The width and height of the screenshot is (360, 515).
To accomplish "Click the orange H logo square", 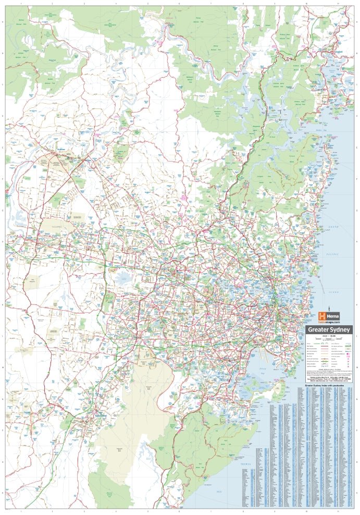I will click(x=322, y=316).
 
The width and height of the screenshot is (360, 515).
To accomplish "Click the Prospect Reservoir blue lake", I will click(x=123, y=277).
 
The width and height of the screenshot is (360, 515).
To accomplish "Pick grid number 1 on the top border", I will click(x=20, y=4).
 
